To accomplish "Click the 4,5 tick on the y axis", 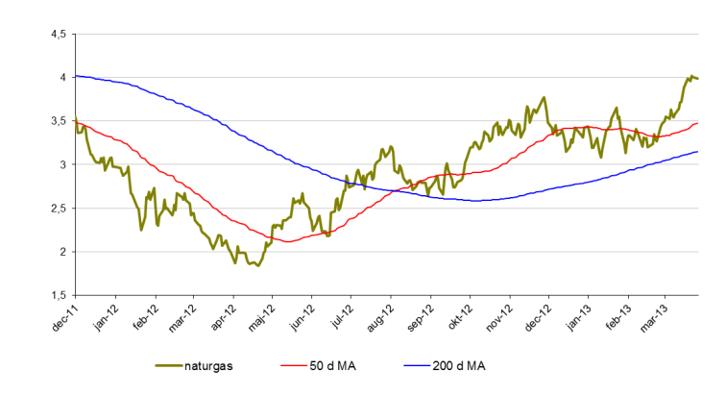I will click(x=57, y=35).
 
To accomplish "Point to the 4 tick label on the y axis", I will click(x=61, y=78).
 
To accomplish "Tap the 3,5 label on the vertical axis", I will click(x=57, y=122).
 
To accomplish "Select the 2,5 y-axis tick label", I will click(x=57, y=209).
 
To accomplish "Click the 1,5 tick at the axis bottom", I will click(x=57, y=296).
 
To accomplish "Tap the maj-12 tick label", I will click(x=259, y=318).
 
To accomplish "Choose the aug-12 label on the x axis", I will click(x=379, y=318).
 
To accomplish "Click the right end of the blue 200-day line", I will click(x=697, y=152).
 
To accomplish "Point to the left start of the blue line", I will click(x=75, y=75).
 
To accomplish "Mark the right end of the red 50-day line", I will click(x=697, y=123).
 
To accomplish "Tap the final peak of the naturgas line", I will click(x=690, y=75).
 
